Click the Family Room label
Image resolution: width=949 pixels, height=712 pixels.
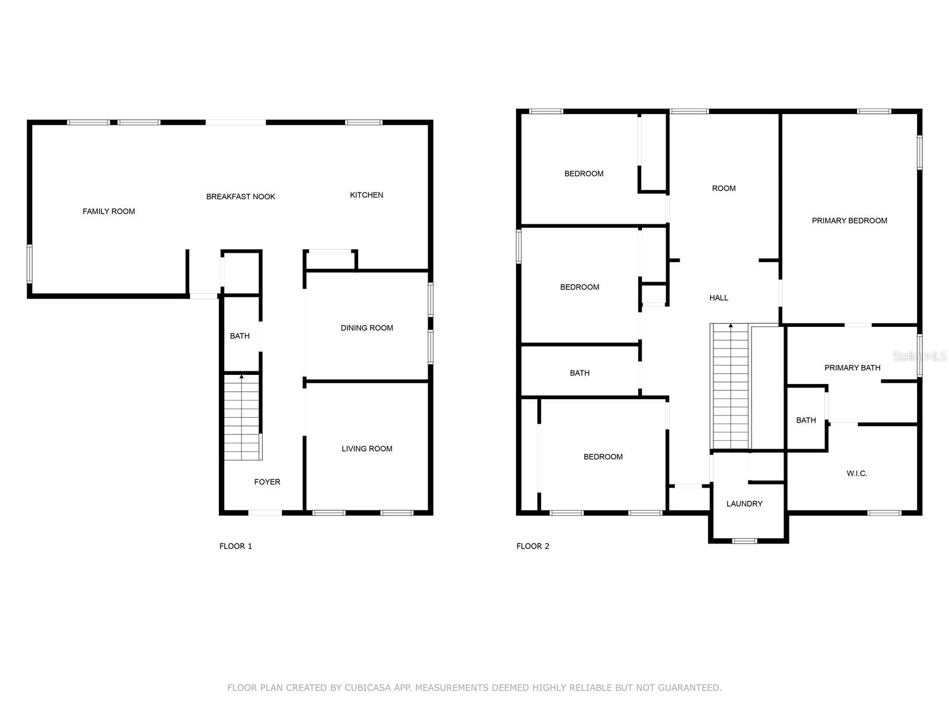click(x=109, y=211)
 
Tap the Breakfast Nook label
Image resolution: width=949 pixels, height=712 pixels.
click(x=240, y=196)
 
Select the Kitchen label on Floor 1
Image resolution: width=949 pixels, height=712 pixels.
click(x=366, y=195)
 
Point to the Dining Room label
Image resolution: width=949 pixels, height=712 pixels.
click(x=367, y=328)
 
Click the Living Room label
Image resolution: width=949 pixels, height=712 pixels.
click(x=367, y=449)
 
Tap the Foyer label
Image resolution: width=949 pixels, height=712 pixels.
click(x=267, y=482)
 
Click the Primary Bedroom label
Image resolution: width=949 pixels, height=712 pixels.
click(x=849, y=220)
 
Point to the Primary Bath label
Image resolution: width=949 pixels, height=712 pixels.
click(x=852, y=367)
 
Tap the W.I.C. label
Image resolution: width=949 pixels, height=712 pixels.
click(x=856, y=473)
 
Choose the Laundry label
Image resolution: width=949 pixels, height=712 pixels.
click(x=744, y=504)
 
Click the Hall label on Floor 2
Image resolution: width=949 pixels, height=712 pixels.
click(x=718, y=298)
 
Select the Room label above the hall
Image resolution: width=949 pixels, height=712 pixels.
click(x=724, y=188)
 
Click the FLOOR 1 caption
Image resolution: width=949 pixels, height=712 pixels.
click(x=235, y=546)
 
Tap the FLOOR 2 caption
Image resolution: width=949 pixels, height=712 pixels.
click(x=533, y=546)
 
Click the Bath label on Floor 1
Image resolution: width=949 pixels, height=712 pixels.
click(x=240, y=336)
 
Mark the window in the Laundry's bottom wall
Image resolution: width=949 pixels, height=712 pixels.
click(x=744, y=541)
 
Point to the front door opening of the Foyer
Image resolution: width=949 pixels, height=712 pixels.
click(x=265, y=513)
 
